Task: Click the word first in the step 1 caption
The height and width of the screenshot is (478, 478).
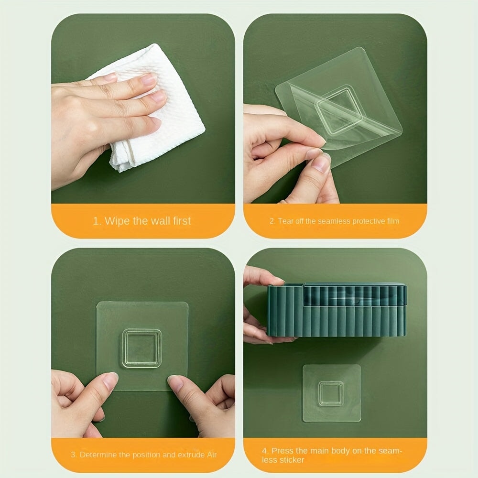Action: pyautogui.click(x=182, y=221)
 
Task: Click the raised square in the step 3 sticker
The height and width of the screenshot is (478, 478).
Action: pyautogui.click(x=141, y=348)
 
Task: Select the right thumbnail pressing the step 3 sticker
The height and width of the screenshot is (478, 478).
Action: pyautogui.click(x=175, y=383)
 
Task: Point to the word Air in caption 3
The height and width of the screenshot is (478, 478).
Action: pyautogui.click(x=212, y=455)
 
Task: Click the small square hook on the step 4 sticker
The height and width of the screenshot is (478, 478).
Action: pyautogui.click(x=331, y=393)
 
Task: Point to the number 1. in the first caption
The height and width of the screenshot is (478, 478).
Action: pyautogui.click(x=97, y=221)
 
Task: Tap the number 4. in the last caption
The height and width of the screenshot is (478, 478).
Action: pyautogui.click(x=265, y=451)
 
